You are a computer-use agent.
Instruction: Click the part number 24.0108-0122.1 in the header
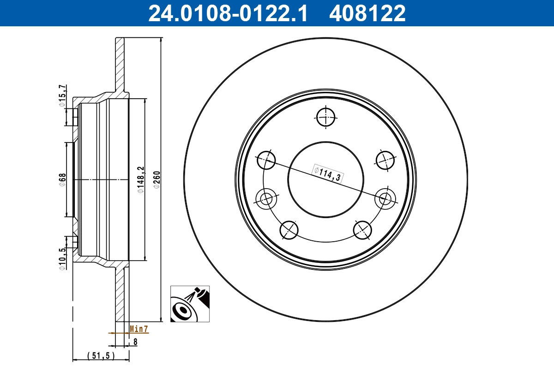(227, 13)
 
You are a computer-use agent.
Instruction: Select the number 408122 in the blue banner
(367, 13)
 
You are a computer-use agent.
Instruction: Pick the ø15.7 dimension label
(62, 96)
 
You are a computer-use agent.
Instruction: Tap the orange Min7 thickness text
(138, 329)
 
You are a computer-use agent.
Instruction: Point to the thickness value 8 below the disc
(135, 342)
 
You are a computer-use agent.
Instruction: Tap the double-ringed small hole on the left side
(266, 199)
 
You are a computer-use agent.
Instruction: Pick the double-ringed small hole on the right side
(385, 199)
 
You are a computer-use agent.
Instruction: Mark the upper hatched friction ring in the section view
(120, 65)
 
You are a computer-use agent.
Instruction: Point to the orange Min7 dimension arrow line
(118, 332)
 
